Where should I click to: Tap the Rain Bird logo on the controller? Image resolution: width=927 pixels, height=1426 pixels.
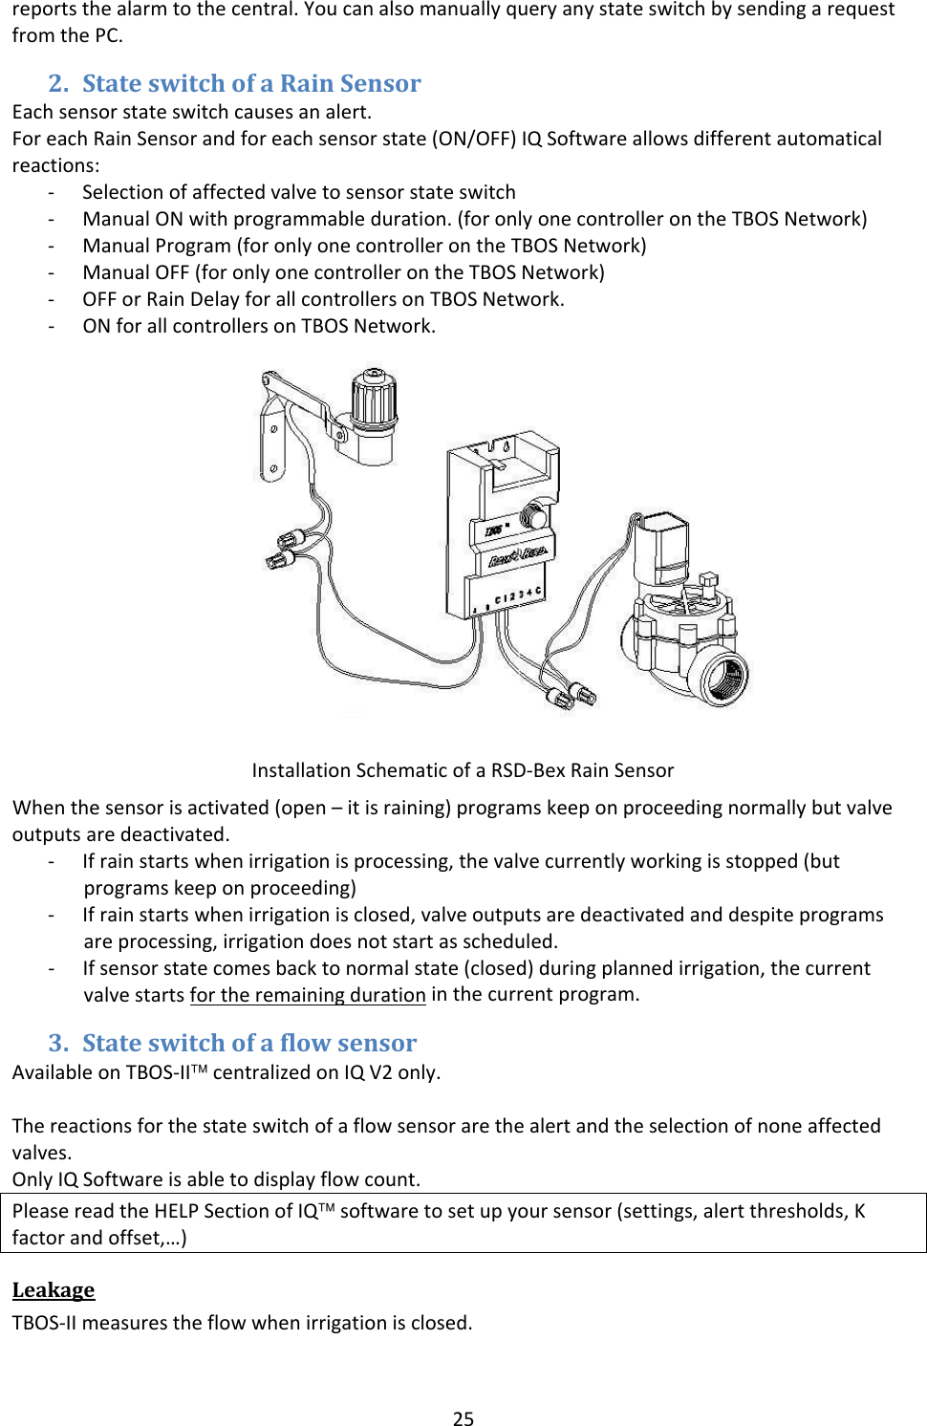(x=517, y=555)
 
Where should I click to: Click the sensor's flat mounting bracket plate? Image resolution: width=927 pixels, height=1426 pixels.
(x=272, y=435)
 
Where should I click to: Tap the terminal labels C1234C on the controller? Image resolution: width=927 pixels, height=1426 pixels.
(x=517, y=596)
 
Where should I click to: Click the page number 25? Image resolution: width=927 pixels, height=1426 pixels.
(x=463, y=1418)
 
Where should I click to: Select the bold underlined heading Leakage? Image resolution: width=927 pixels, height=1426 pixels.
(x=54, y=1289)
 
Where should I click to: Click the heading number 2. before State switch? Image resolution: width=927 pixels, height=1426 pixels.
(x=58, y=83)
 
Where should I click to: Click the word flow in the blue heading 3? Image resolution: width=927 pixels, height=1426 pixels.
(x=304, y=1043)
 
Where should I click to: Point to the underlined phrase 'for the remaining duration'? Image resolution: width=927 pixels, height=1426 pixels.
(x=308, y=995)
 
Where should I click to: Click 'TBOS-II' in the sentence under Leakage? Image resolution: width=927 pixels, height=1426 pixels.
(x=45, y=1323)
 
